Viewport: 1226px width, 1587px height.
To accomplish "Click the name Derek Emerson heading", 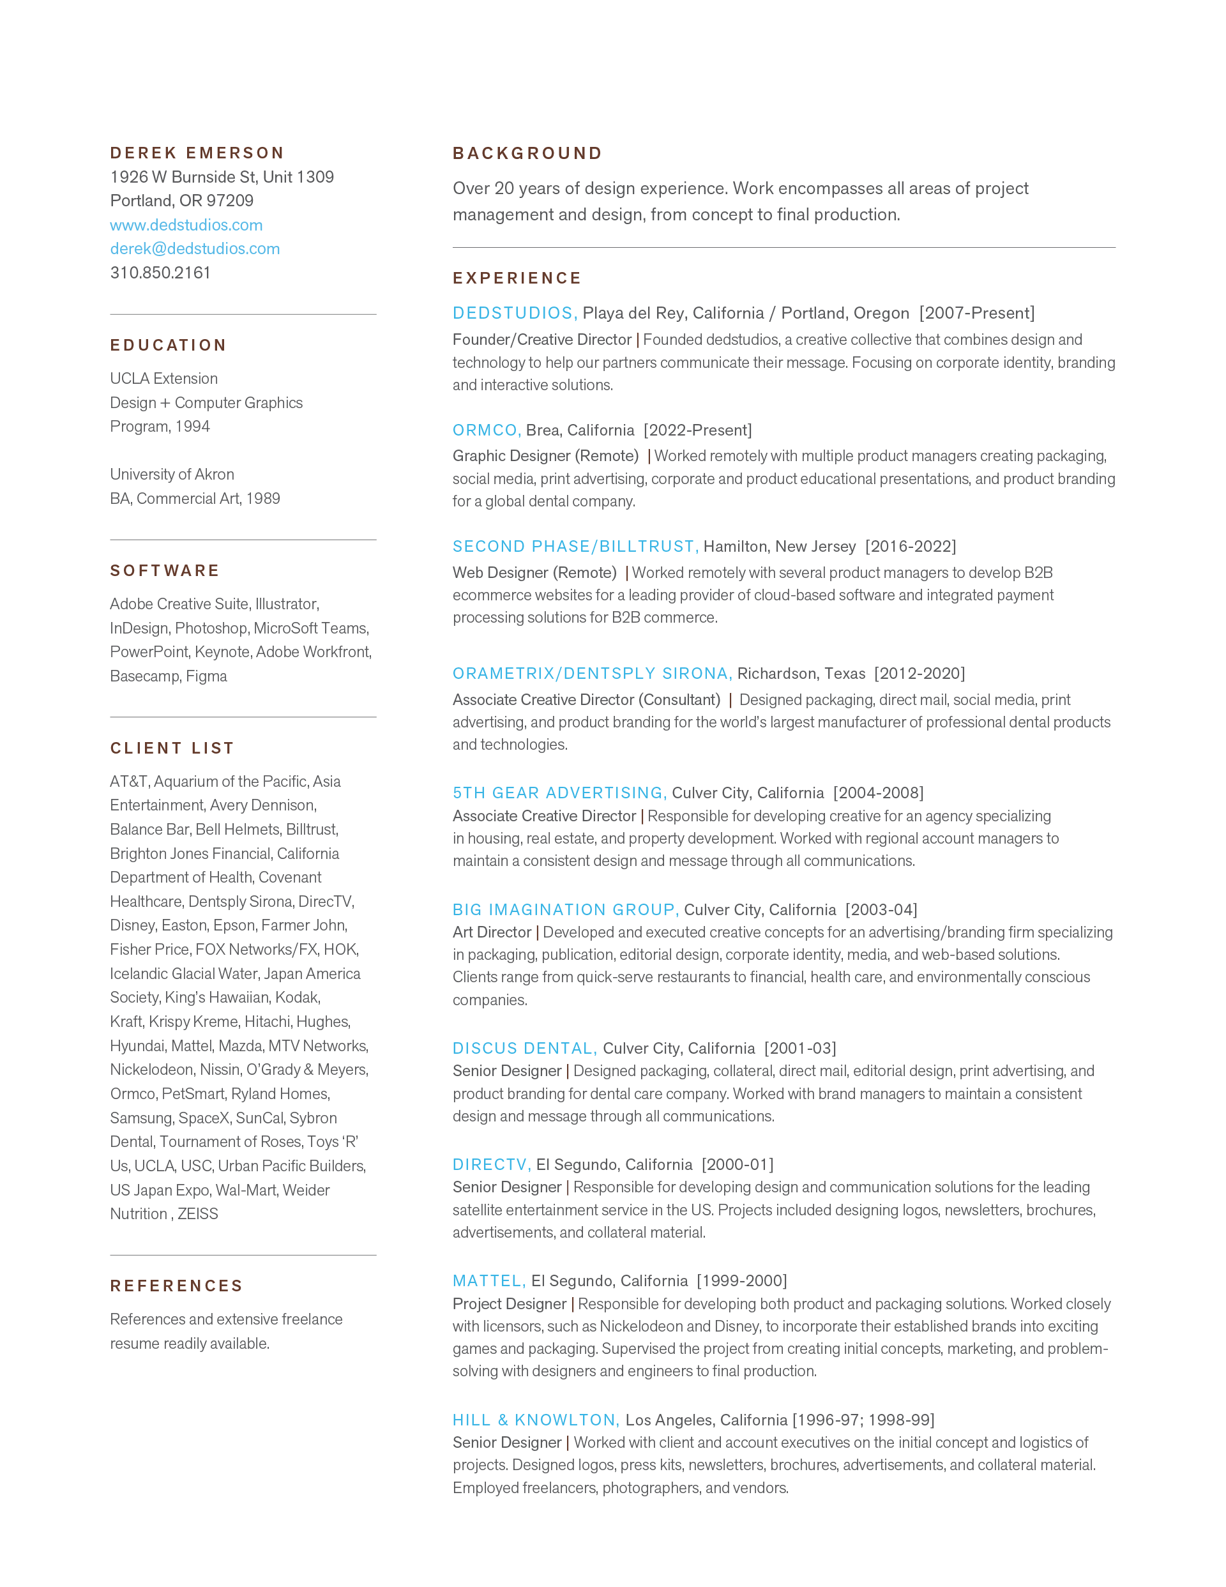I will coord(197,153).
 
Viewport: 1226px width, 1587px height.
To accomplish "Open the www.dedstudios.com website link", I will coord(186,225).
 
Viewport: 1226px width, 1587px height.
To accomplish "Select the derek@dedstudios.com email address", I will coord(195,248).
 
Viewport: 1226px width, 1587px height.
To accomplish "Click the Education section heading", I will coord(169,345).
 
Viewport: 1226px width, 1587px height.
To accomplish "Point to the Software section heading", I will coord(165,570).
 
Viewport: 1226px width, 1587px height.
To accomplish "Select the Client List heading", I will coord(172,748).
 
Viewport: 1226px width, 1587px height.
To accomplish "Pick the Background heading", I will coord(527,153).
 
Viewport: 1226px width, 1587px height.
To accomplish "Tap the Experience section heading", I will coord(517,278).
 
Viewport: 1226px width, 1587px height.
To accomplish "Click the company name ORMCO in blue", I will coord(485,430).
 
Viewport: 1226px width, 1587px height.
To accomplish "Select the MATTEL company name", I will coord(488,1280).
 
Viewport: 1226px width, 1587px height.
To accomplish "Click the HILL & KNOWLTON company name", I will coord(536,1420).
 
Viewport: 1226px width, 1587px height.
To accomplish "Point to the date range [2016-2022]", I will coord(911,547).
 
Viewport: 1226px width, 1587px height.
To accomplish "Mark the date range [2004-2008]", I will coord(879,793).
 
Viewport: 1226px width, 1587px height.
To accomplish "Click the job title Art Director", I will coord(492,932).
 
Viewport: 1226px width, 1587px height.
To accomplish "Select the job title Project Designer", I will coord(510,1303).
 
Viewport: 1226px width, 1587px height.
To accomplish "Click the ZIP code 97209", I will coord(231,201).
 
